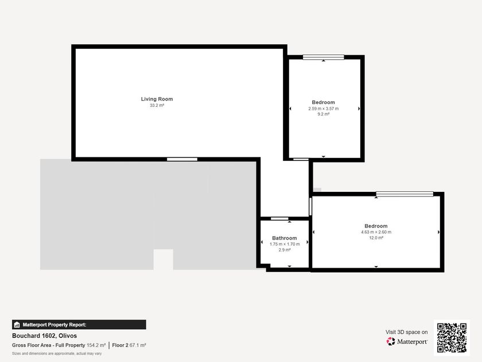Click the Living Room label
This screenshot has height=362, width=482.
(157, 99)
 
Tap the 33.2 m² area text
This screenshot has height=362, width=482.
(157, 105)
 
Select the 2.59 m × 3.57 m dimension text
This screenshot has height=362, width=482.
(324, 109)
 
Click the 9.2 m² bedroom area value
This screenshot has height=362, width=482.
(324, 114)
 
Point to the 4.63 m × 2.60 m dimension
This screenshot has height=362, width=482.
(376, 232)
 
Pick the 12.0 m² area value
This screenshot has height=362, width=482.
(376, 238)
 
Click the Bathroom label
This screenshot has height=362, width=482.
(285, 238)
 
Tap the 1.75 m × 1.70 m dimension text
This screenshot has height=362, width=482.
(285, 244)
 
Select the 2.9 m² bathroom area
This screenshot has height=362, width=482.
(285, 250)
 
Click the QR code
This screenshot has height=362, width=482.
(452, 338)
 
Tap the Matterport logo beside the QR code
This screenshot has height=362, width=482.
(407, 341)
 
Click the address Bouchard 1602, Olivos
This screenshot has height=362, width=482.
(45, 336)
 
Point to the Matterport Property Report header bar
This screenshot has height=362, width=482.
(79, 325)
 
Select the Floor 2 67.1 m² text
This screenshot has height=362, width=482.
(129, 345)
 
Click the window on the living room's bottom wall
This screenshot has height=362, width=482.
(182, 160)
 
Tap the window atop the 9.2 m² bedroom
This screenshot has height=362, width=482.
(324, 57)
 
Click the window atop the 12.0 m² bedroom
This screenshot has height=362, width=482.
(405, 194)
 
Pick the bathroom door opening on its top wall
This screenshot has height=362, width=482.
(279, 218)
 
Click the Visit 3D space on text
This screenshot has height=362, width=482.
(407, 332)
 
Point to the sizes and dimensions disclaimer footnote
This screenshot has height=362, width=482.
(57, 354)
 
